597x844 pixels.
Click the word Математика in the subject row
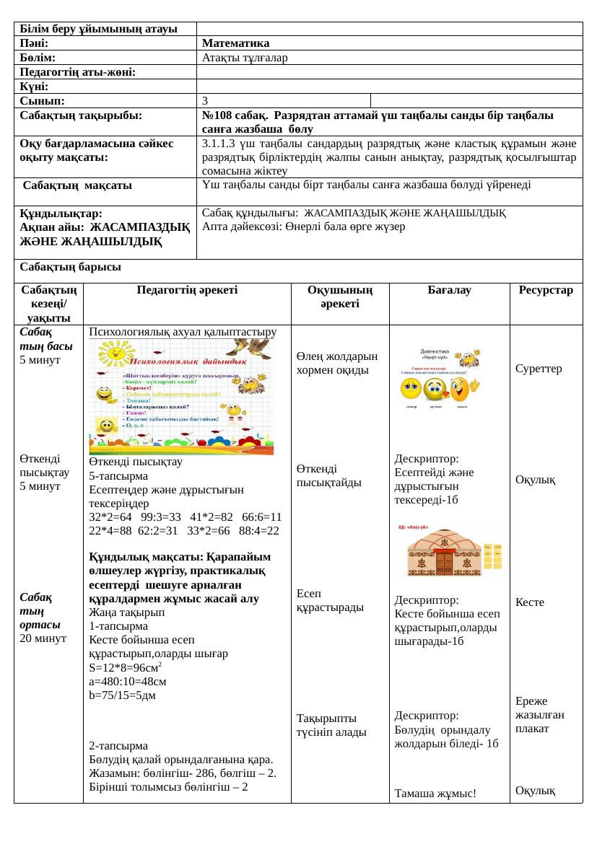(235, 43)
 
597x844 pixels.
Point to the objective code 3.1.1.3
(221, 143)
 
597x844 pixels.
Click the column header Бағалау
(449, 291)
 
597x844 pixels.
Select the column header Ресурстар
(545, 291)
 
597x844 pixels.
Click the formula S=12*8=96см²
(131, 667)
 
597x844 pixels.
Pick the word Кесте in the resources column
(530, 602)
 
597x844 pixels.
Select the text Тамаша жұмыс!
(435, 794)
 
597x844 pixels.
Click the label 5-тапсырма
(118, 475)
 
